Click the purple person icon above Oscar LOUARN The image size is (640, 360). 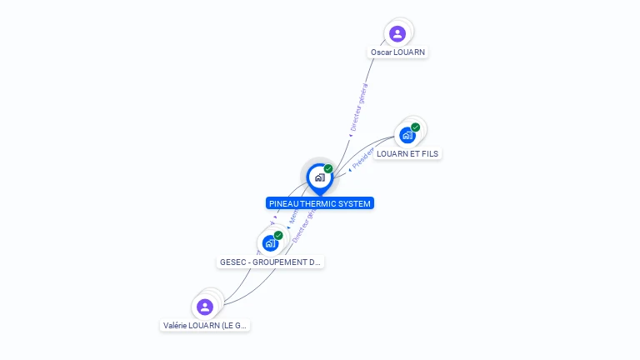397,34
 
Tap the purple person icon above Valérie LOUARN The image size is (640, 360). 205,307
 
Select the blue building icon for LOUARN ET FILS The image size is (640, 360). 407,135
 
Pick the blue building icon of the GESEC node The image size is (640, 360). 270,243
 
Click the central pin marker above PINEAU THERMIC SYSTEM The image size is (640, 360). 319,177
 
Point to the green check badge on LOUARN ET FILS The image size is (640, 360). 415,127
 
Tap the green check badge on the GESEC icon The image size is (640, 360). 278,235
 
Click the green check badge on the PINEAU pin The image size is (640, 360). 328,169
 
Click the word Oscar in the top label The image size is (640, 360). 382,52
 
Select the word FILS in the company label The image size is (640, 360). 429,153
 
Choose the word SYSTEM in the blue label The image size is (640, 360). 354,203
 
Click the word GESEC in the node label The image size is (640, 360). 232,262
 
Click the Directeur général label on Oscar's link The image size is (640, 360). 359,107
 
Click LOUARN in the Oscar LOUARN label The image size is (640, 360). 410,52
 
